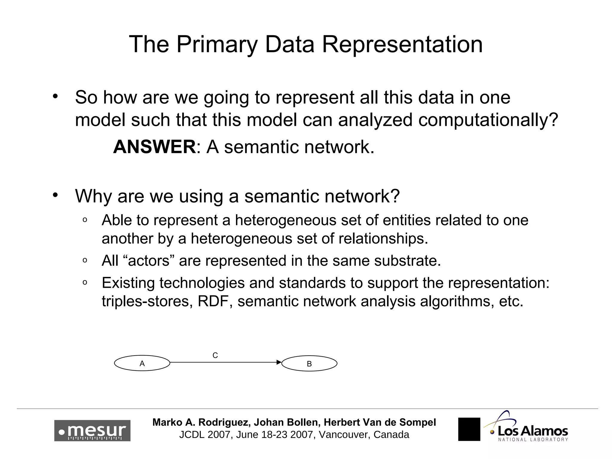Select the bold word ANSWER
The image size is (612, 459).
(154, 147)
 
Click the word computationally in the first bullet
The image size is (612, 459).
(488, 120)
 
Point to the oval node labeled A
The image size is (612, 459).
(142, 363)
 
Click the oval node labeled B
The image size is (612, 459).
(309, 364)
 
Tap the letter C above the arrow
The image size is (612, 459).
(215, 355)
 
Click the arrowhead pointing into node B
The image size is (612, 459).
(279, 362)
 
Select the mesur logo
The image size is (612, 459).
(92, 431)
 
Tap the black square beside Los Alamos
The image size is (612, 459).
(469, 429)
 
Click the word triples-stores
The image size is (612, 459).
(147, 301)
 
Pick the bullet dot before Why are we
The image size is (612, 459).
(55, 195)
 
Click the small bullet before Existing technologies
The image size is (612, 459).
(85, 282)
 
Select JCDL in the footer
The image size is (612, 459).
(192, 434)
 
